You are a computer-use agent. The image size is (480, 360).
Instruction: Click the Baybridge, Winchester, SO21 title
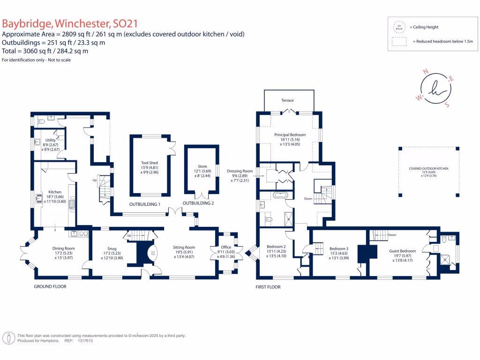click(70, 24)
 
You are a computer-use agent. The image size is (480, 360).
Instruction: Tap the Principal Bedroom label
click(290, 135)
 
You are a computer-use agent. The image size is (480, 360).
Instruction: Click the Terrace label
click(287, 100)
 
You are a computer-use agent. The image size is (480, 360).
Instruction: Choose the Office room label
click(226, 247)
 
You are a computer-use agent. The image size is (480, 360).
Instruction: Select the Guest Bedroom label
click(402, 251)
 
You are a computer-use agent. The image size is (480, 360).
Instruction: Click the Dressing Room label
click(240, 171)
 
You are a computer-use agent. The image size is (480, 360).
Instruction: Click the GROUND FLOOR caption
click(50, 286)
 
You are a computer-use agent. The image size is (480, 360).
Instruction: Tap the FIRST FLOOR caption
click(268, 287)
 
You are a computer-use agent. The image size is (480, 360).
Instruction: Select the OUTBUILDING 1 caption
click(145, 204)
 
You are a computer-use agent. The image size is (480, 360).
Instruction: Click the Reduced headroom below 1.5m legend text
click(443, 42)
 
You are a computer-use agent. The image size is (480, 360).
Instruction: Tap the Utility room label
click(50, 140)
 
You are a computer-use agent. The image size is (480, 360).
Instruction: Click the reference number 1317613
click(84, 341)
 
